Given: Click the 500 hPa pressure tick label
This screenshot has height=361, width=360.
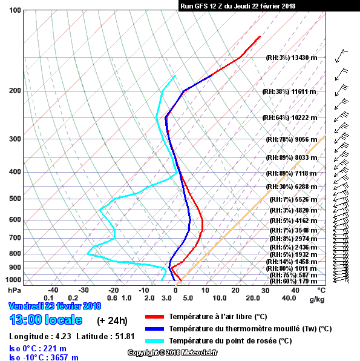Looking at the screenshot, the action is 15,199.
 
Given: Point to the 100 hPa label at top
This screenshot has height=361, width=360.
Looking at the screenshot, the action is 15,10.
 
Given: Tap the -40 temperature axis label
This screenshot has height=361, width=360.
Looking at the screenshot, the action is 53,290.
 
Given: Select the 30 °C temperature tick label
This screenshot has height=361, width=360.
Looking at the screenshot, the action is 265,291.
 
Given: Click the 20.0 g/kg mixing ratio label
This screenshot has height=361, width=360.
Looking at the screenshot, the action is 253,298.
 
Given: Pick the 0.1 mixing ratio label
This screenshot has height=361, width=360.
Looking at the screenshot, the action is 48,298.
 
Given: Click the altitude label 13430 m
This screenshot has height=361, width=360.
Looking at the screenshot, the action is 304,58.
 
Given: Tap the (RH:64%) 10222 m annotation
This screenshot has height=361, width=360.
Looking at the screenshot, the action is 290,118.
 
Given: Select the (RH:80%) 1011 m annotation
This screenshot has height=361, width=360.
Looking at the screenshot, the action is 292,268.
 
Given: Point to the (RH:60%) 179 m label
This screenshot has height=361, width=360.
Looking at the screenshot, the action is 293,281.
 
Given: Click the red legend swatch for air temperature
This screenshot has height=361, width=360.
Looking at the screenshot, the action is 154,317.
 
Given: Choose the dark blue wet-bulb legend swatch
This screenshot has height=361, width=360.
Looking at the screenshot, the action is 154,329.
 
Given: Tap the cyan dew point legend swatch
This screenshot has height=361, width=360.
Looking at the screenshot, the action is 154,341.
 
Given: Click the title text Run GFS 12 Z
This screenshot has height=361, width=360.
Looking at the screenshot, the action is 201,6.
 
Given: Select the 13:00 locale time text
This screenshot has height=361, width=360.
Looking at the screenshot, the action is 46,320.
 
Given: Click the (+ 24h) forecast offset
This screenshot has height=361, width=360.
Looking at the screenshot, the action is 112,320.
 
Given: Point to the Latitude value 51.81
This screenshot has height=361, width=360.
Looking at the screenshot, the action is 125,336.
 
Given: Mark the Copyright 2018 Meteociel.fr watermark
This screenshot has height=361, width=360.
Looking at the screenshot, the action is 172,353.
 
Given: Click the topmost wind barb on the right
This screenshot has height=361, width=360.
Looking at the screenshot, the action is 341,56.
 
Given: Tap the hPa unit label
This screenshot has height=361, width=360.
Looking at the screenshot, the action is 15,290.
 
